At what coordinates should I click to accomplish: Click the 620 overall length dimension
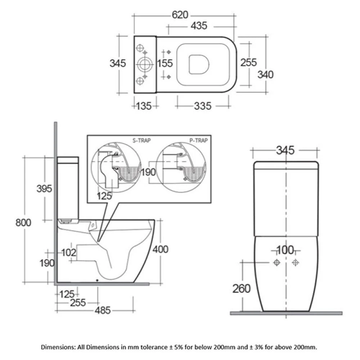(180, 15)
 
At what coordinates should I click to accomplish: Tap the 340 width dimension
(266, 75)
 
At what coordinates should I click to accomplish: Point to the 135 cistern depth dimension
(144, 106)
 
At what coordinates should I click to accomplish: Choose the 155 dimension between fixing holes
(165, 63)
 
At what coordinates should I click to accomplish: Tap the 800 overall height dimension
(23, 222)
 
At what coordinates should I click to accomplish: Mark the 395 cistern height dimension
(44, 188)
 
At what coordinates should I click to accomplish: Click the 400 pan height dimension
(161, 249)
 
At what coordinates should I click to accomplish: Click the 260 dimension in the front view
(241, 289)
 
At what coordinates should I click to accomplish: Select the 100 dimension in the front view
(285, 250)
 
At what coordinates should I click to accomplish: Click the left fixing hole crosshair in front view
(277, 262)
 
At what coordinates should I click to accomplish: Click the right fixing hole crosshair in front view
(296, 262)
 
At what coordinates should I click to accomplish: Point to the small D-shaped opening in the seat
(198, 65)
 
